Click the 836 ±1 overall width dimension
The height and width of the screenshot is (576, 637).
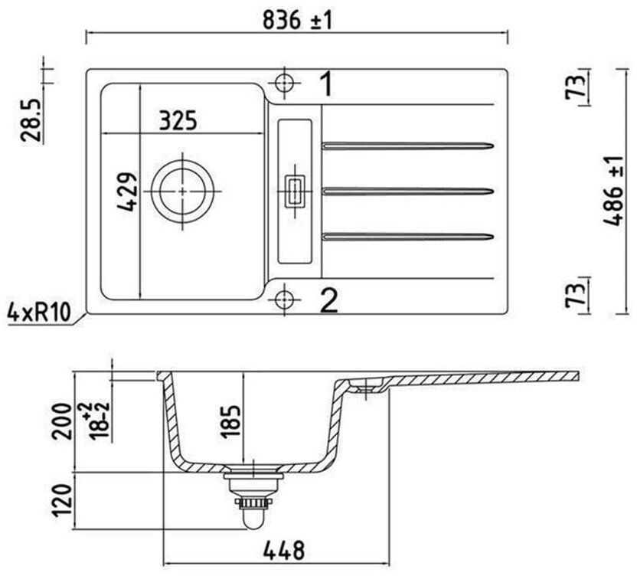(297, 20)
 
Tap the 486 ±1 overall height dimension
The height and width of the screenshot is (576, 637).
(614, 191)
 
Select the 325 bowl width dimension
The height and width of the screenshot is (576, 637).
(178, 120)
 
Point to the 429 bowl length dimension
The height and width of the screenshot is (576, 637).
(126, 191)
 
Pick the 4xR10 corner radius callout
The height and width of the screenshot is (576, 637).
(39, 313)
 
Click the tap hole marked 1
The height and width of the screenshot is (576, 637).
(284, 83)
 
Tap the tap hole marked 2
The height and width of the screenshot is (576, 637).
(284, 299)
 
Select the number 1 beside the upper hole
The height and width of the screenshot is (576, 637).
(326, 83)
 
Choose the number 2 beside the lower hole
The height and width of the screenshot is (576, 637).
(328, 300)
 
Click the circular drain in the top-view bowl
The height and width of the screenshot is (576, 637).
(182, 191)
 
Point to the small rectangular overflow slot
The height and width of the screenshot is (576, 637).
(295, 191)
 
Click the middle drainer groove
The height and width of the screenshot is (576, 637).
(408, 191)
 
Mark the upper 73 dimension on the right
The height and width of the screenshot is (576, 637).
(575, 83)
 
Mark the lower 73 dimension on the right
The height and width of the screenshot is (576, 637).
(575, 295)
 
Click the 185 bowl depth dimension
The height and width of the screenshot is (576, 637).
(230, 422)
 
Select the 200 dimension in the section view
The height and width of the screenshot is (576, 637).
(62, 421)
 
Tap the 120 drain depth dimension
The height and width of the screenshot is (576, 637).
(62, 500)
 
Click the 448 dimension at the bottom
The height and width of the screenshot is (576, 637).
(283, 551)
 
